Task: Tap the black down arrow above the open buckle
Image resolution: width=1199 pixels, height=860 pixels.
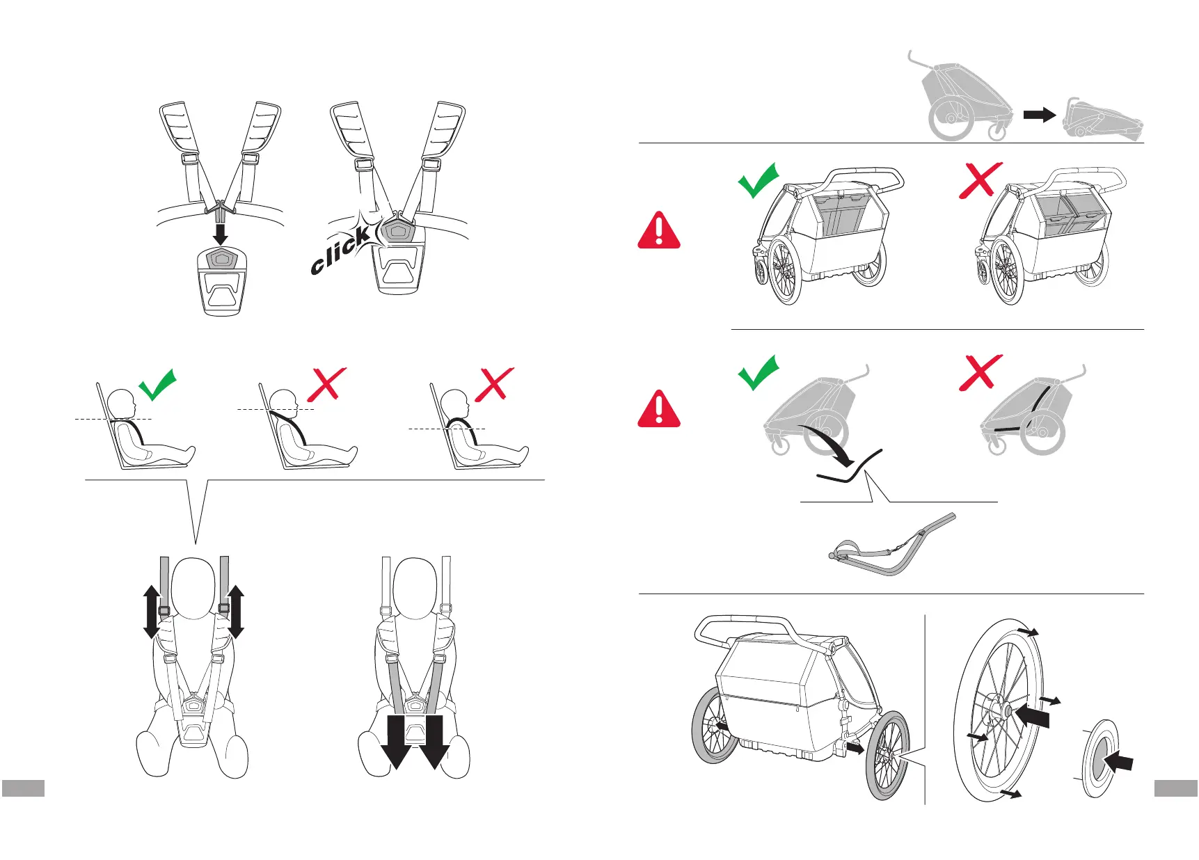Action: tap(220, 232)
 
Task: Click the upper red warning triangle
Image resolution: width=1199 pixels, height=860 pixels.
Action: tap(658, 230)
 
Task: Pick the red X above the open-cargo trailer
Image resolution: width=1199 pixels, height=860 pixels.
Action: tap(980, 180)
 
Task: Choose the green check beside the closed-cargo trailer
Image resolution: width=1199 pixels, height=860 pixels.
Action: tap(758, 180)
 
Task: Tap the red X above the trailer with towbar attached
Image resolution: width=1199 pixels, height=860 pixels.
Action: tap(980, 372)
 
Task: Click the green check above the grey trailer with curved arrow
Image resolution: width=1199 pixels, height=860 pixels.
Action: tap(758, 372)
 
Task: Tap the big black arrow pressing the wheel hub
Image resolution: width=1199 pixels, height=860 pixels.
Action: tap(1033, 715)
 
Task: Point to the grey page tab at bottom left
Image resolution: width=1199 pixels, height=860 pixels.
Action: tap(23, 788)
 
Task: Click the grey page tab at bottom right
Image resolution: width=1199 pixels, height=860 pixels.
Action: tap(1175, 788)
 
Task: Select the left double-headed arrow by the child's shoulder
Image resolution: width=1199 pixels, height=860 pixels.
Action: tap(151, 612)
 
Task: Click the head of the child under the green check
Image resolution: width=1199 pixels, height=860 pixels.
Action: tap(123, 404)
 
